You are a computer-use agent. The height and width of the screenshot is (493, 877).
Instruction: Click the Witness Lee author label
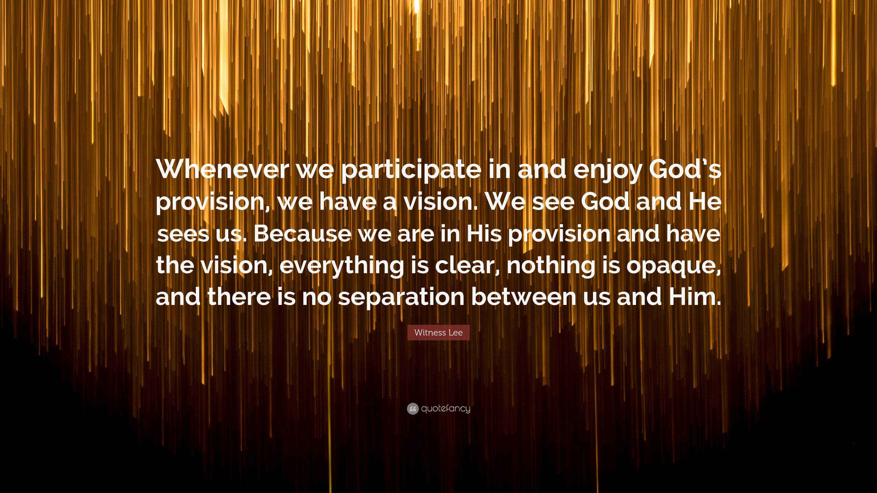(x=438, y=332)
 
